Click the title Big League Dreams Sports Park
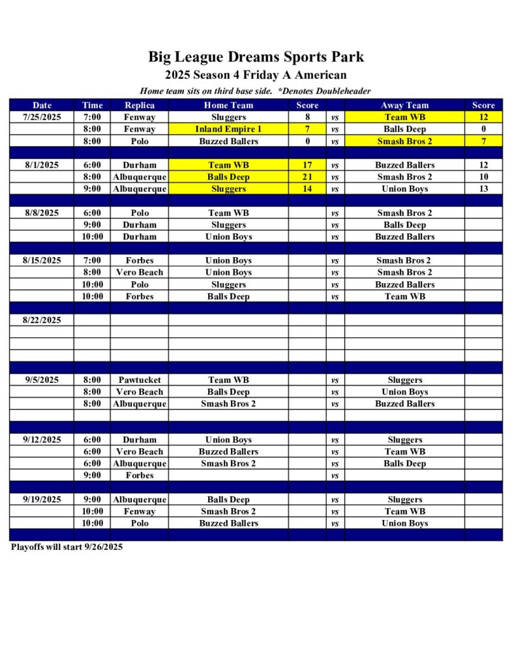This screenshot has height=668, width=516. click(x=256, y=57)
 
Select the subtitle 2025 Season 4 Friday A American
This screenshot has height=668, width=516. click(x=256, y=76)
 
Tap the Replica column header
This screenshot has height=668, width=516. click(x=140, y=105)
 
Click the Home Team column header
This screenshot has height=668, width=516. click(x=228, y=105)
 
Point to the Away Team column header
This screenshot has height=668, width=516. click(x=404, y=105)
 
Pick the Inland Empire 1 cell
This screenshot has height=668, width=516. click(x=228, y=129)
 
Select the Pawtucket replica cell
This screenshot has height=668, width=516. click(x=140, y=380)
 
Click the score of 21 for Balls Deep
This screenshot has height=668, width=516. click(x=307, y=177)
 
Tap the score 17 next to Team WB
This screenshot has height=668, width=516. click(x=307, y=165)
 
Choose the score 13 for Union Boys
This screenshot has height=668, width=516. click(x=483, y=189)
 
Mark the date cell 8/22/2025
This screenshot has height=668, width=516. click(x=42, y=320)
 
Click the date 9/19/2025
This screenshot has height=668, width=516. click(x=42, y=499)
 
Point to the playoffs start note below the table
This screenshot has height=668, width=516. click(x=67, y=547)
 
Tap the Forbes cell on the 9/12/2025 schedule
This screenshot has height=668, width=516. click(x=140, y=475)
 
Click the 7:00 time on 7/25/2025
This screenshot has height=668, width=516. click(x=91, y=117)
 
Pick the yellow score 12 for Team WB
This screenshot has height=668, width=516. click(x=483, y=117)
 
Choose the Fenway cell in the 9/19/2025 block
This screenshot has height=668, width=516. click(x=140, y=511)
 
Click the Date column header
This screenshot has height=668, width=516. click(x=42, y=105)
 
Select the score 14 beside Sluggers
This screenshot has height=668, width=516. click(x=307, y=189)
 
